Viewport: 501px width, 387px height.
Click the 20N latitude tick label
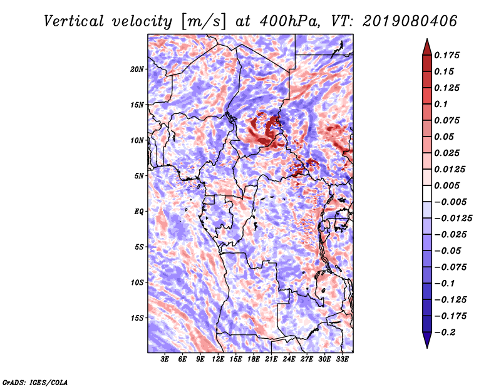click(137, 69)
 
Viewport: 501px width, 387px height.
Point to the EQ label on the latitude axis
click(139, 212)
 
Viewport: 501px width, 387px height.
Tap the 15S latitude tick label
click(137, 318)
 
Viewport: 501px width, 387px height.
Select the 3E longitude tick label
click(165, 359)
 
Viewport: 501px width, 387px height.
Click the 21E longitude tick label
click(271, 359)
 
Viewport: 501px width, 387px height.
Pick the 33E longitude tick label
click(342, 359)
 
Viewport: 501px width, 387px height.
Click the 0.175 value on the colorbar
click(447, 55)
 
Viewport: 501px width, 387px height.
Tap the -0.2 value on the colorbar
click(445, 333)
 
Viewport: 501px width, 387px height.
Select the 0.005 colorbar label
click(447, 185)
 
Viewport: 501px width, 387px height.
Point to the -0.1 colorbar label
click(445, 284)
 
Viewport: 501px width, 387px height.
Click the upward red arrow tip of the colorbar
click(427, 39)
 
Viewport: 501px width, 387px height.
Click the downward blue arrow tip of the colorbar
click(427, 348)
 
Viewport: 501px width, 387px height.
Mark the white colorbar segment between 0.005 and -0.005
click(427, 194)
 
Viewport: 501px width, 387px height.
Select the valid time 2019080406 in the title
click(410, 21)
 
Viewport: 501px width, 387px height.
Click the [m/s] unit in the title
click(203, 22)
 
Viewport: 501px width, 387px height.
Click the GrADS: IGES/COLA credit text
click(35, 382)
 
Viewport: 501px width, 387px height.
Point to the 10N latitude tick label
click(137, 140)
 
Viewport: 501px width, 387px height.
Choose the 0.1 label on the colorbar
click(441, 104)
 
